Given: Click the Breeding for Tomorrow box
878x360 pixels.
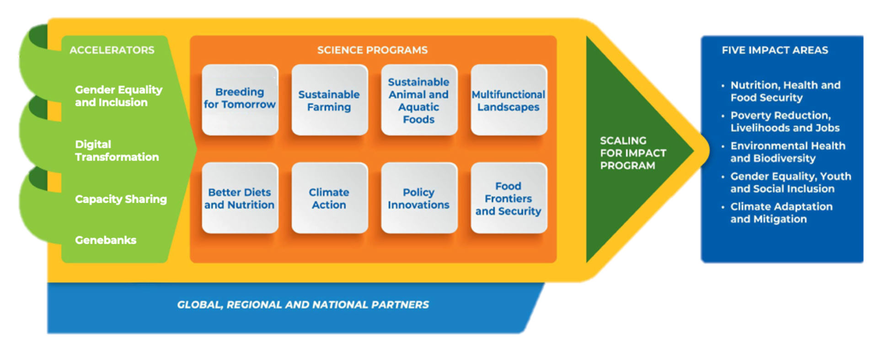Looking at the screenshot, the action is click(x=240, y=100).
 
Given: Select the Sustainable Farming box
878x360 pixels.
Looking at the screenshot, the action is click(x=330, y=100).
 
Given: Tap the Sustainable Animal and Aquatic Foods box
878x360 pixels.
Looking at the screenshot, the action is click(x=419, y=100).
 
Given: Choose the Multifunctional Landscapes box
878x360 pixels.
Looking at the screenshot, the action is click(x=509, y=100).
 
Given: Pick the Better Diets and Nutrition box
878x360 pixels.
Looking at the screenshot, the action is click(x=240, y=198).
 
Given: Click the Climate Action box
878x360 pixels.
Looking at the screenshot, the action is click(x=330, y=198).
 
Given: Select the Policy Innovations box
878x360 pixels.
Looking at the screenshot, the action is click(x=419, y=198).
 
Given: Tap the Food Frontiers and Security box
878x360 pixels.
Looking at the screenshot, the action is click(x=509, y=198).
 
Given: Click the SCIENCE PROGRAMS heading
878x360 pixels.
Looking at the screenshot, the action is click(x=373, y=50).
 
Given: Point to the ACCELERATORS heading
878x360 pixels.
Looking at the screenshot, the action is click(x=112, y=50).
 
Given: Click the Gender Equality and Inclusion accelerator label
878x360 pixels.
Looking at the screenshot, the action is click(x=119, y=96).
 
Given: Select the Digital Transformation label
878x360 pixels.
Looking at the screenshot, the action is click(x=117, y=150).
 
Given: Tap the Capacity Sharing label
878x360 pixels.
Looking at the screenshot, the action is click(x=121, y=199).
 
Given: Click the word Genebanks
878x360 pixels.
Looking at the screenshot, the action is click(x=106, y=240).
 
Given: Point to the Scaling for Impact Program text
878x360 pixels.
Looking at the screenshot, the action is click(x=633, y=153).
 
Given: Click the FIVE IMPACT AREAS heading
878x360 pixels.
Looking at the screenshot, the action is click(x=775, y=50).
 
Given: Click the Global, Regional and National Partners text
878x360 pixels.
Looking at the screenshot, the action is click(x=303, y=305).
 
